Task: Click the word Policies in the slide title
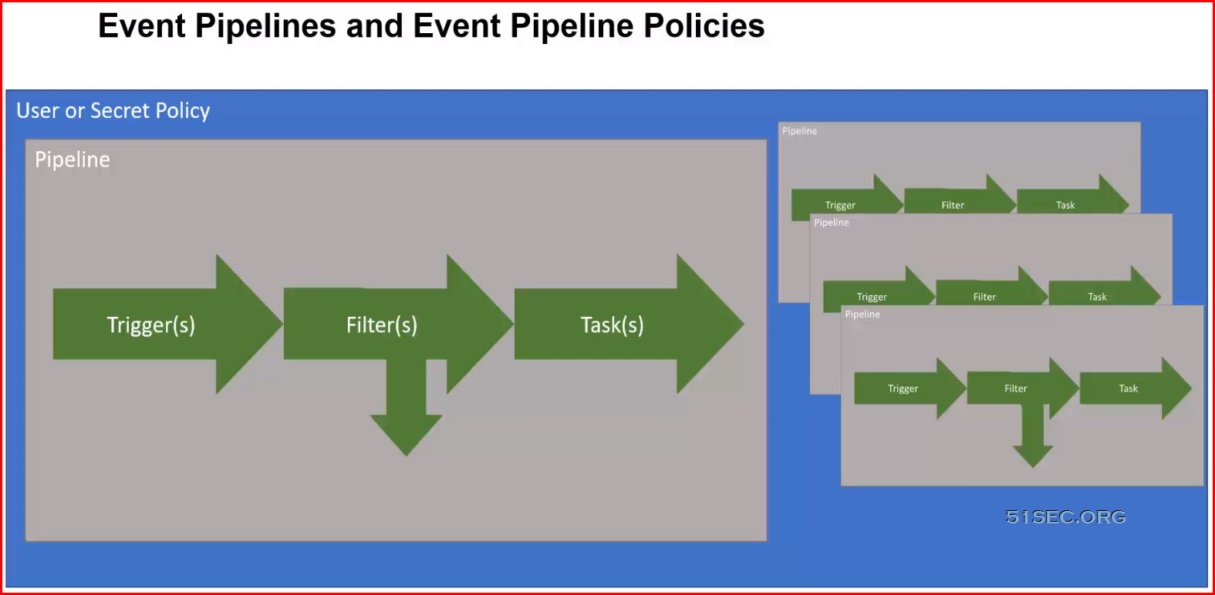click(704, 25)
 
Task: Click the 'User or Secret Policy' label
click(113, 110)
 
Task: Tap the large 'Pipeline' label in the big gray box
click(73, 160)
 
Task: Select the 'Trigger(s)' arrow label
click(150, 325)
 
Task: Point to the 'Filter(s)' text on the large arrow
click(382, 325)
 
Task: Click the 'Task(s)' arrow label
click(612, 325)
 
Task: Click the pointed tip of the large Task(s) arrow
click(743, 324)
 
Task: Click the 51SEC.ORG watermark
click(1065, 516)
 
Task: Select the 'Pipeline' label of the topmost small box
click(799, 130)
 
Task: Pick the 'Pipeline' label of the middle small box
click(832, 222)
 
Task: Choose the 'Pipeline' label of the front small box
click(862, 314)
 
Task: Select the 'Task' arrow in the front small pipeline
click(1136, 388)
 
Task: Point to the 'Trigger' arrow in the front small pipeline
click(910, 388)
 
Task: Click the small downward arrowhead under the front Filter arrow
click(1033, 456)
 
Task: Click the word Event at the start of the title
click(142, 25)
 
